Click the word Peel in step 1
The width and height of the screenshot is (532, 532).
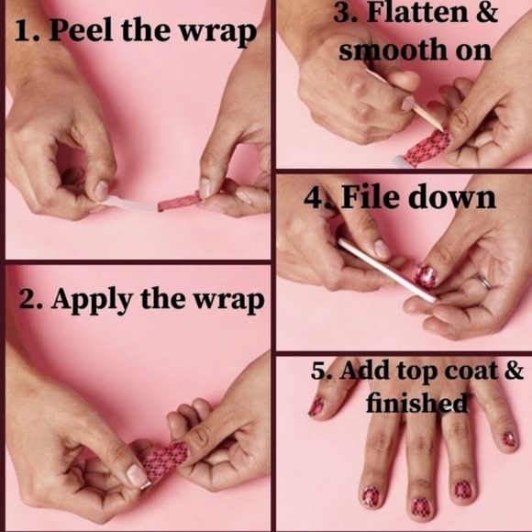pos(81,30)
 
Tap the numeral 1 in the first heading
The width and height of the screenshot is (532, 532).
pos(21,31)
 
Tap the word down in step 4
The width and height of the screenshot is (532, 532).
pos(451,197)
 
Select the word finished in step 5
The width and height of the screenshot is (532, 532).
pos(416,403)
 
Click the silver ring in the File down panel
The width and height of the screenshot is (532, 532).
pos(483,281)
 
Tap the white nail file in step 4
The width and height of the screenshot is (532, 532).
pos(387,270)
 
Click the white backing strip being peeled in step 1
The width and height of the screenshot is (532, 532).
pos(129,205)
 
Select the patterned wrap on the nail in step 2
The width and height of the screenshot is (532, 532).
pos(165,460)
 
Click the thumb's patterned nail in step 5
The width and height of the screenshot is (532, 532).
pos(316,405)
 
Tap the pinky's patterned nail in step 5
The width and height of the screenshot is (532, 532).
pos(509,438)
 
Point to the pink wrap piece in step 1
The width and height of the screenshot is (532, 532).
pos(179,202)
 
